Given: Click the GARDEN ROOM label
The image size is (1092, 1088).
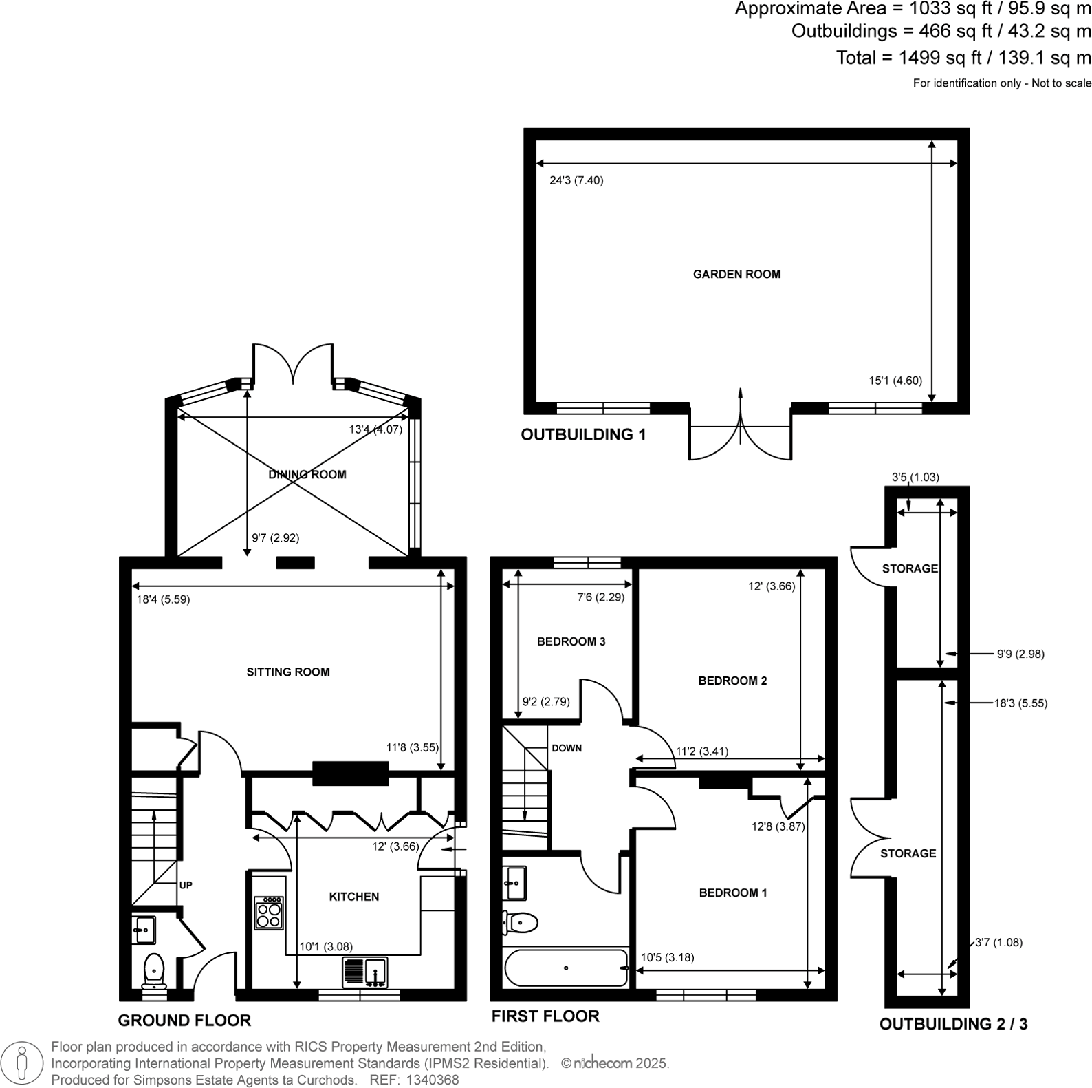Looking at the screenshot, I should (736, 274).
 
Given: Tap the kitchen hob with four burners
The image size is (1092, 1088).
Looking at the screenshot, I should (268, 913).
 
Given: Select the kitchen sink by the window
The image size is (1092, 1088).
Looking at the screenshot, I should (365, 972).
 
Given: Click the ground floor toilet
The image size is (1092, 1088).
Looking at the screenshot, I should (154, 969).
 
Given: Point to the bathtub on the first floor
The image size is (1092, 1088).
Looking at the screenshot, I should (566, 968).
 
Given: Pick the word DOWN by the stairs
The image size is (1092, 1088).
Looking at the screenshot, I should (567, 748).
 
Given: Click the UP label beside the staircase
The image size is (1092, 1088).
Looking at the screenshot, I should (186, 885).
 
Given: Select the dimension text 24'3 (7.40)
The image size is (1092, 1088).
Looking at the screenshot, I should (576, 181).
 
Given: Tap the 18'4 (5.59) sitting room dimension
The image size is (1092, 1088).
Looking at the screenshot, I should (163, 599).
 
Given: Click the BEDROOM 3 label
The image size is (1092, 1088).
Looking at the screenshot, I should (571, 641).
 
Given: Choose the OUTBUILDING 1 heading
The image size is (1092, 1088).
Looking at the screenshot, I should (583, 435).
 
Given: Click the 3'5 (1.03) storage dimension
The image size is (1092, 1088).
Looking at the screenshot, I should (915, 477).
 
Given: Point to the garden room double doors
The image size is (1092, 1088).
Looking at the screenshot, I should (741, 434).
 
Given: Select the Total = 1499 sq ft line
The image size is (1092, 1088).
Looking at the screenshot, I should (963, 58).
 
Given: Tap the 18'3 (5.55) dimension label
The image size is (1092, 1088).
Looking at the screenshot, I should (1020, 703).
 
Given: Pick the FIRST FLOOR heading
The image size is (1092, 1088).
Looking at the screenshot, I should (545, 1016).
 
